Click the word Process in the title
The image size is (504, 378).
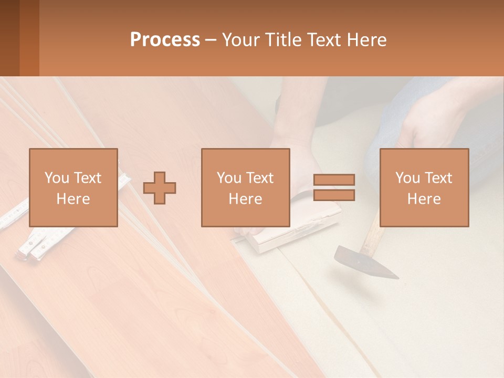pyautogui.click(x=165, y=40)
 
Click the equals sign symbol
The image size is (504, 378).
pyautogui.click(x=334, y=187)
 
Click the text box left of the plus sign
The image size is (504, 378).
pyautogui.click(x=73, y=187)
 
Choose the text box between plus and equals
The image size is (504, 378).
pyautogui.click(x=246, y=187)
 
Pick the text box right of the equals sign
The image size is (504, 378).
pyautogui.click(x=424, y=187)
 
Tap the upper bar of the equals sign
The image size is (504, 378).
pyautogui.click(x=334, y=180)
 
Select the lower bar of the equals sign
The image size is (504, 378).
pyautogui.click(x=334, y=195)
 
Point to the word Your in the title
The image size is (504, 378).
pyautogui.click(x=240, y=40)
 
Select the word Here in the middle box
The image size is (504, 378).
pyautogui.click(x=246, y=199)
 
